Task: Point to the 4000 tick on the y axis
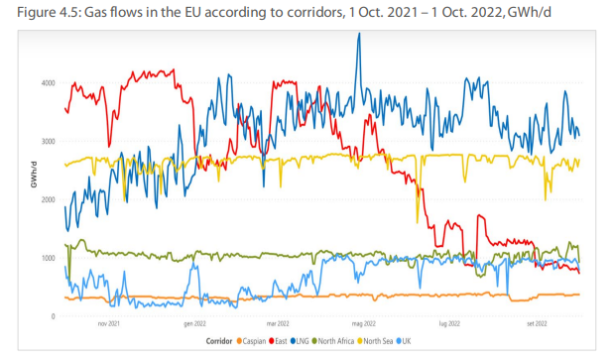[x=47, y=82]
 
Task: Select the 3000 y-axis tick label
[x=47, y=141]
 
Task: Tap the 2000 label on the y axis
[x=47, y=199]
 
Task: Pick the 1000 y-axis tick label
[x=47, y=258]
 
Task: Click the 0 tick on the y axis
[x=53, y=316]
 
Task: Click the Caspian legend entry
[x=251, y=342]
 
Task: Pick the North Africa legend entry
[x=340, y=342]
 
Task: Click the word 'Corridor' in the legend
[x=220, y=342]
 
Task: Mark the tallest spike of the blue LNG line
[x=358, y=35]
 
